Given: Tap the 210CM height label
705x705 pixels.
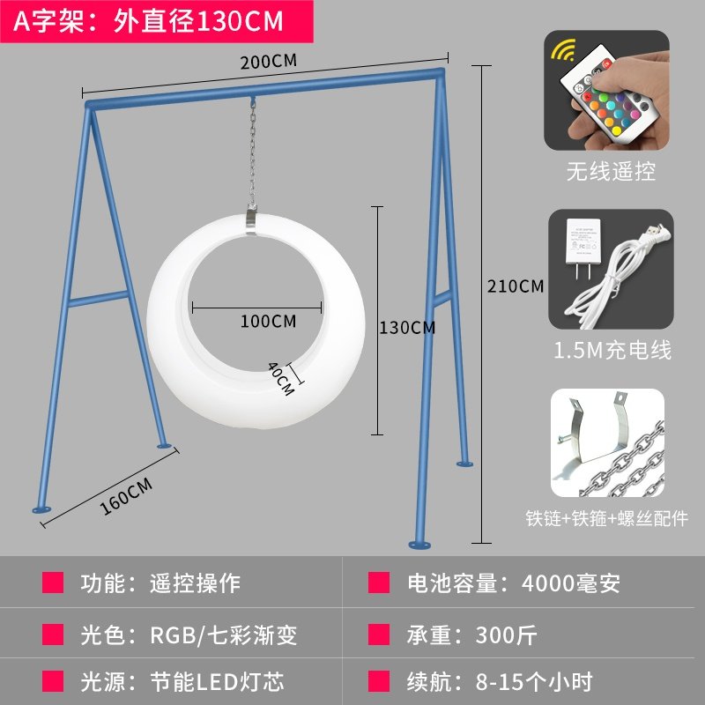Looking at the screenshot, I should [516, 286].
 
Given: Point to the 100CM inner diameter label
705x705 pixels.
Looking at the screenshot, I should [268, 321].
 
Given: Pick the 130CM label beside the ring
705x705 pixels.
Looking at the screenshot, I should [407, 328].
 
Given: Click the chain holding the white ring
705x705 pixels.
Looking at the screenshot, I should [253, 154].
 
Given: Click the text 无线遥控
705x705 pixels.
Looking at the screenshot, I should [611, 171].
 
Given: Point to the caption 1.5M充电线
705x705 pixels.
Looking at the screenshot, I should [612, 350].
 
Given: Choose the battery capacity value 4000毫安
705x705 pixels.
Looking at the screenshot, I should [571, 583].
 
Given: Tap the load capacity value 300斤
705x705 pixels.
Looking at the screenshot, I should [506, 633].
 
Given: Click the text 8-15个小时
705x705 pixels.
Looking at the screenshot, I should [534, 681].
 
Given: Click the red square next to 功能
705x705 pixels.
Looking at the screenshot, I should [54, 583].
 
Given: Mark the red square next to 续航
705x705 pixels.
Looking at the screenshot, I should [379, 681].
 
